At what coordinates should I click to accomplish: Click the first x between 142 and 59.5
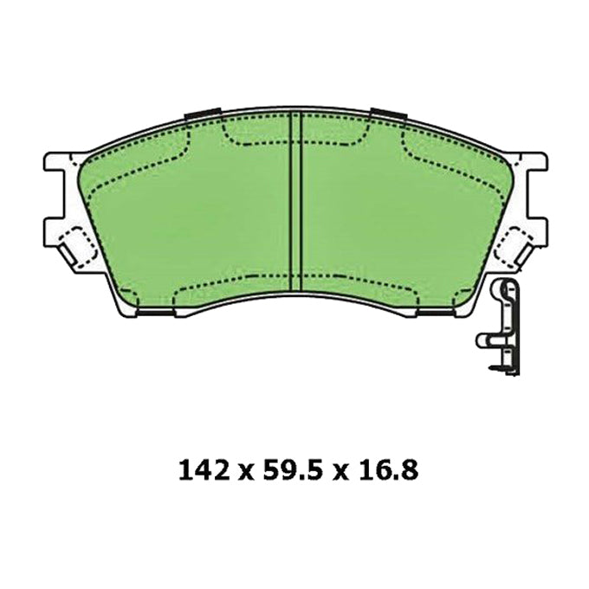244,472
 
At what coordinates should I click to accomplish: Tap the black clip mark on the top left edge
204,114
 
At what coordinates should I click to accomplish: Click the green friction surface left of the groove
191,208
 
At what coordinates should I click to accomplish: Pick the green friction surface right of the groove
398,208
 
